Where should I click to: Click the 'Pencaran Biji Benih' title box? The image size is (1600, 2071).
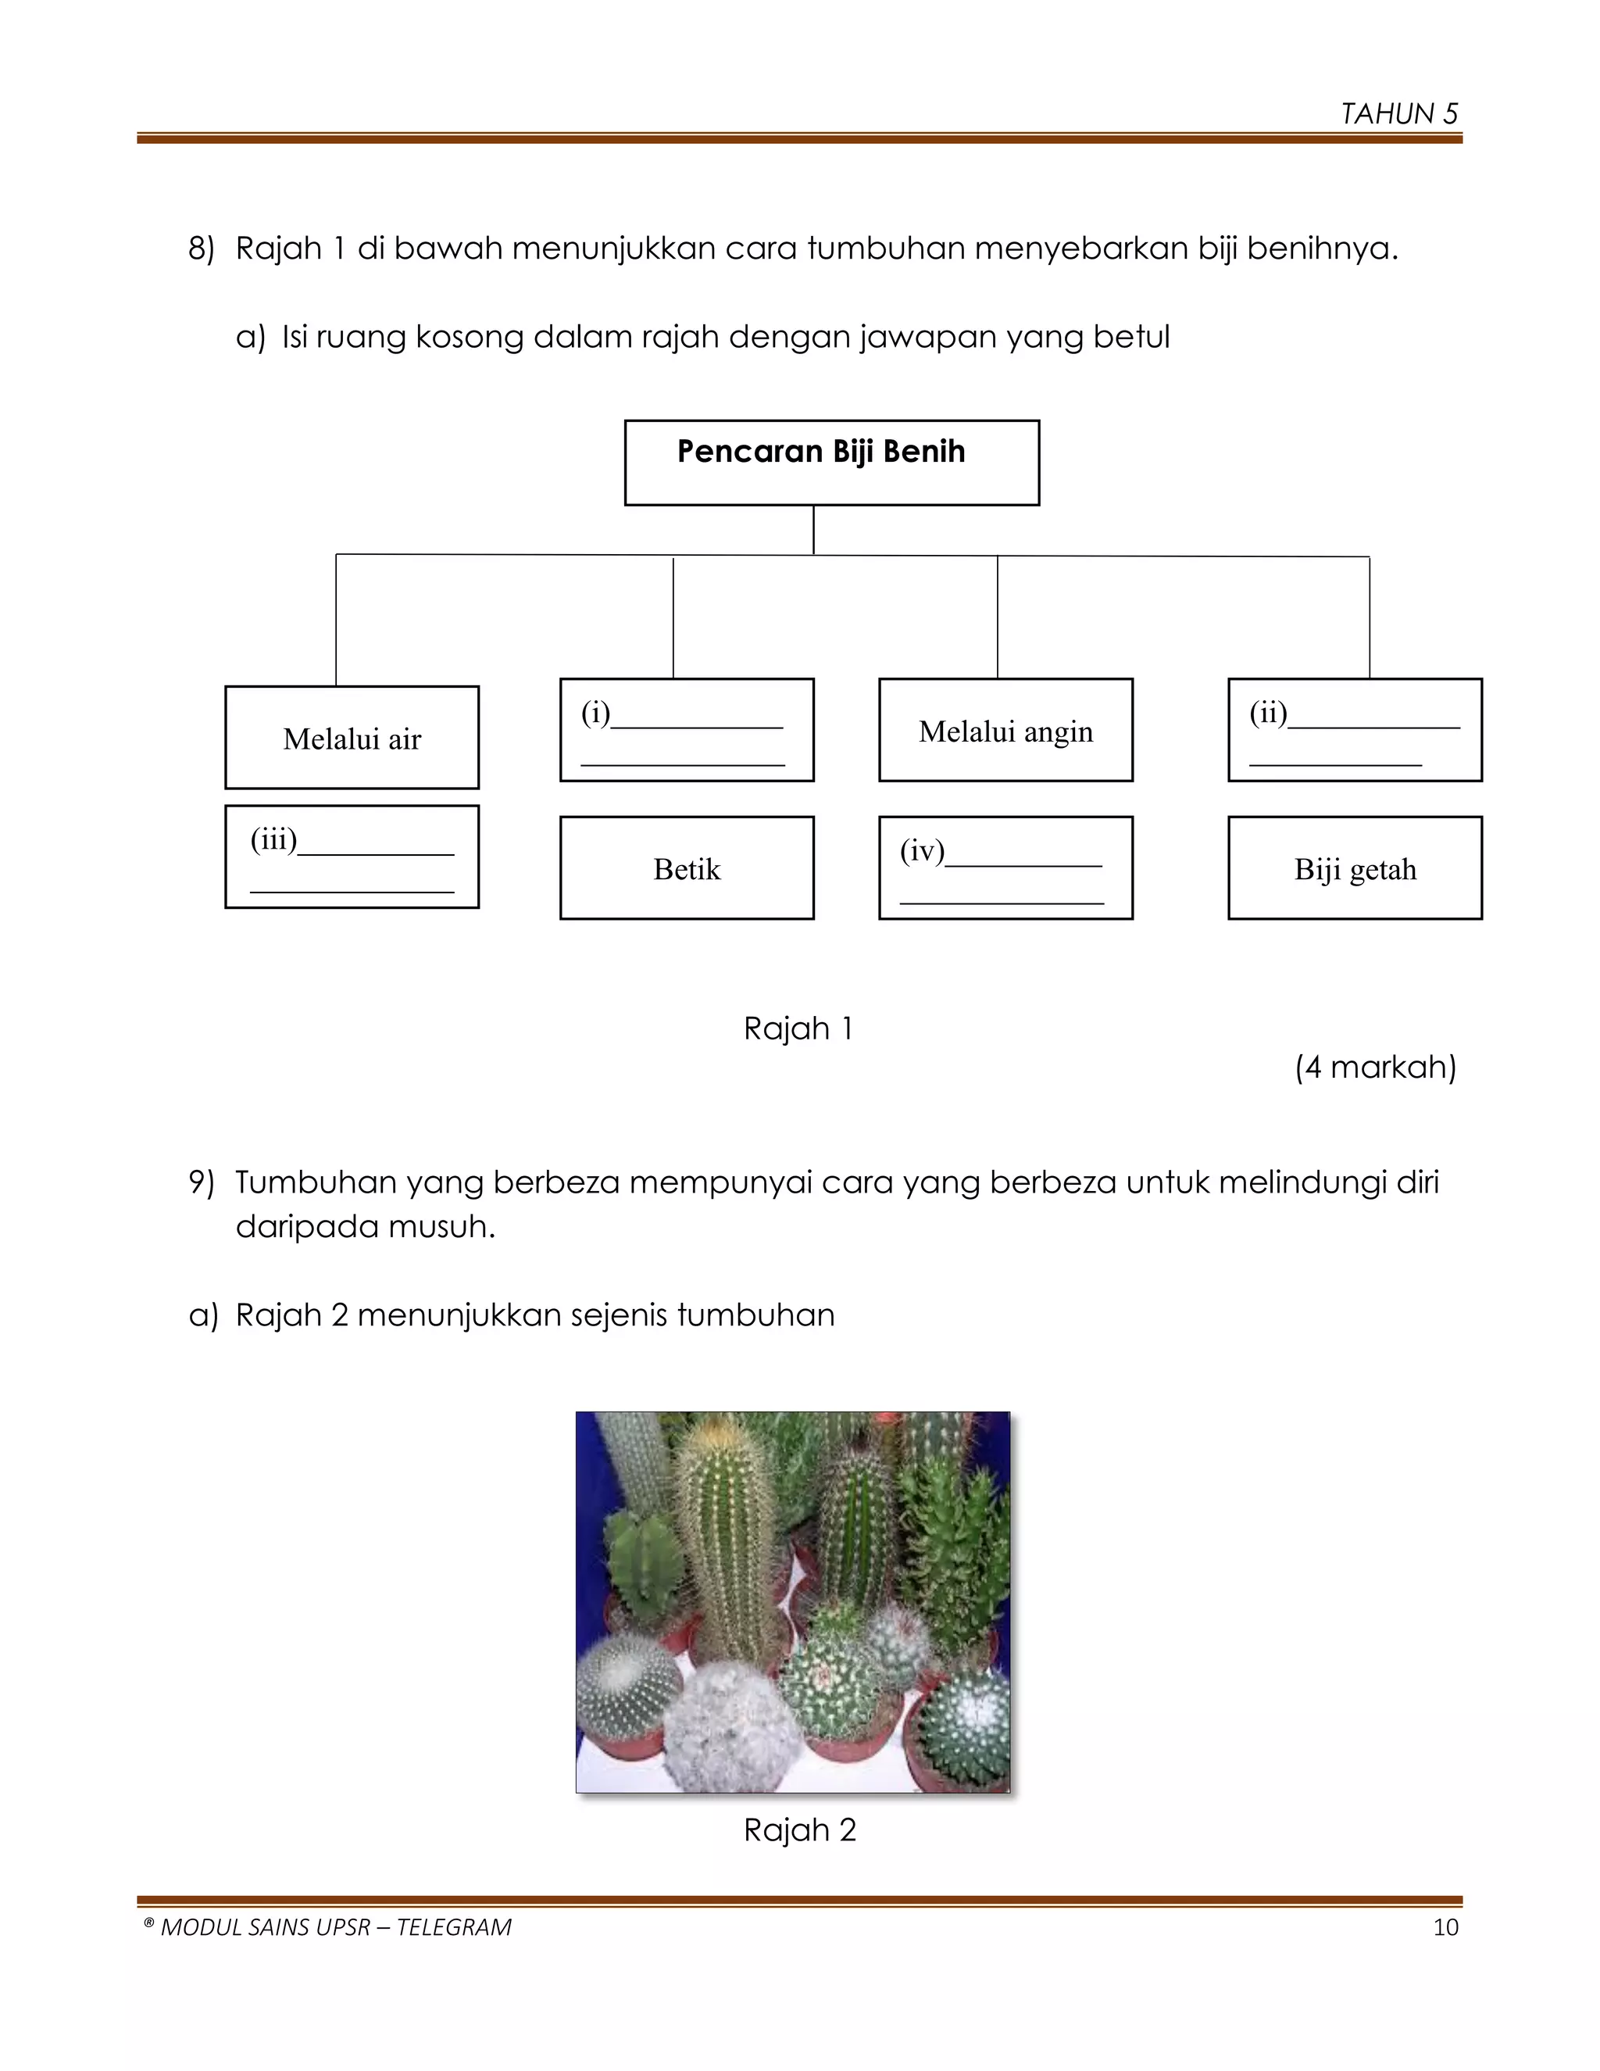pos(831,462)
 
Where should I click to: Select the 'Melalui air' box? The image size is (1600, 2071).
pos(352,738)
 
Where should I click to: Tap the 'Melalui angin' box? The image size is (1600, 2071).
pos(1005,730)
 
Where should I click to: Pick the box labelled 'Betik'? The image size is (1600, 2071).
pos(686,867)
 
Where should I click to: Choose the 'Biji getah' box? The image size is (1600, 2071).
pos(1355,867)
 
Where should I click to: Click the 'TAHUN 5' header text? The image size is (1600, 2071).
pos(1398,114)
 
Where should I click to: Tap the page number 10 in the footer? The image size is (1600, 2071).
pos(1445,1928)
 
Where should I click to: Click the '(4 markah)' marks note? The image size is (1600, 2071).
pos(1374,1067)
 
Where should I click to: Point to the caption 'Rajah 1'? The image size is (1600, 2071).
pos(798,1028)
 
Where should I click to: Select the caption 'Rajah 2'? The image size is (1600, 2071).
pos(799,1830)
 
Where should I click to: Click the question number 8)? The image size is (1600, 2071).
pos(201,249)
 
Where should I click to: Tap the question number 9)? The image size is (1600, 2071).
pos(201,1182)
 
